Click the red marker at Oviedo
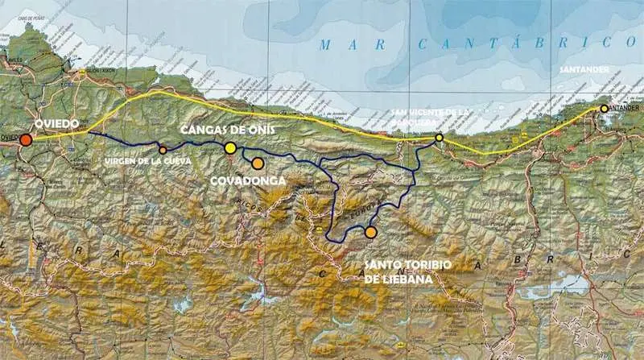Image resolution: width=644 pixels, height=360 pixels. pos(27,140)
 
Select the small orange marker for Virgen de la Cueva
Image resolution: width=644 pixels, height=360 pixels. pos(163,150)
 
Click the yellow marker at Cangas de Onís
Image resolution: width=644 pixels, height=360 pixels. pos(230,147)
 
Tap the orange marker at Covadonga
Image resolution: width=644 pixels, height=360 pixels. pos(258,163)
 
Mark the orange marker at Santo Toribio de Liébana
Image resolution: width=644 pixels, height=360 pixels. pos(370,232)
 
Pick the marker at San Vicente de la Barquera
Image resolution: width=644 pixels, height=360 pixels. pos(439,138)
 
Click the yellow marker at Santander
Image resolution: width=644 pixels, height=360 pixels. pos(604,108)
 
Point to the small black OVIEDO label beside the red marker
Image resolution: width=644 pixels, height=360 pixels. pos(9,139)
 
